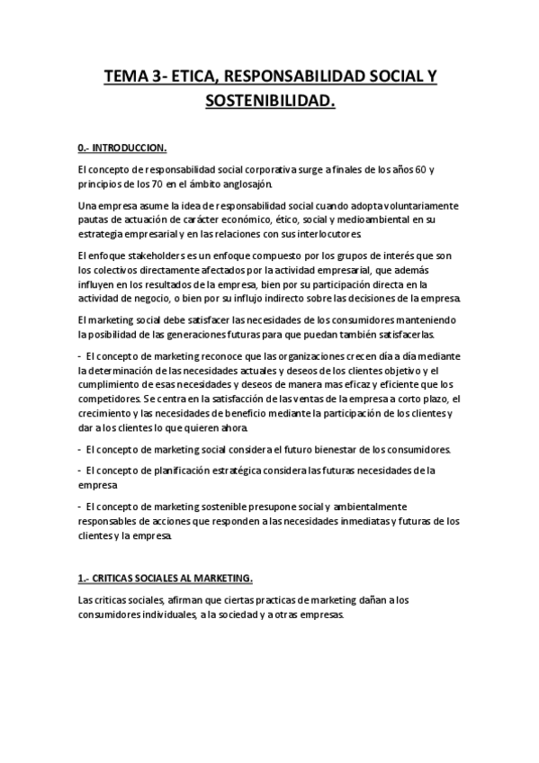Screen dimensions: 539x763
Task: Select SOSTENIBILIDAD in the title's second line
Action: click(x=269, y=102)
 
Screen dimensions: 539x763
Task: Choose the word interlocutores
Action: click(x=329, y=235)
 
